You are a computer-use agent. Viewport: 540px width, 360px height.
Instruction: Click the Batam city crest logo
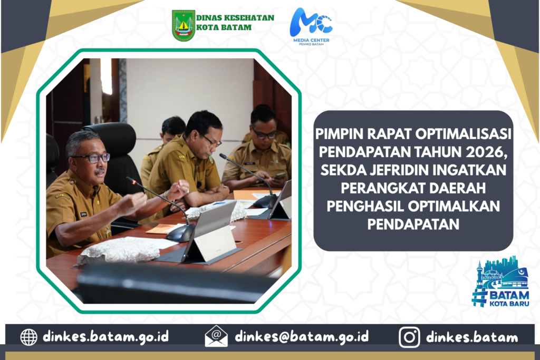184,26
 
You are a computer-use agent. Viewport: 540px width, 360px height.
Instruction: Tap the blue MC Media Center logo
311,27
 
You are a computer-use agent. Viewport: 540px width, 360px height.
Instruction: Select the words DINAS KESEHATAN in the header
235,18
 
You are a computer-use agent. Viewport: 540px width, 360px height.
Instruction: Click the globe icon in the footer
28,337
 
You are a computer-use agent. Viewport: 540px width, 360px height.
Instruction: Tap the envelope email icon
216,336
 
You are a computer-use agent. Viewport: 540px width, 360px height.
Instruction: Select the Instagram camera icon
409,337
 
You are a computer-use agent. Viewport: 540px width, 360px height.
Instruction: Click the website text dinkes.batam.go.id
105,336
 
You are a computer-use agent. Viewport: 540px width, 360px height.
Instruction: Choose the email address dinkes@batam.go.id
302,336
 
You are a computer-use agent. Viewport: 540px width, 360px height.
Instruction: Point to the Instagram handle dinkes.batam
472,337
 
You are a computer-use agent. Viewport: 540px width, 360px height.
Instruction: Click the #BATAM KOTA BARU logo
500,281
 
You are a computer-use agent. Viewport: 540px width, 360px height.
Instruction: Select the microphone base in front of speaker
180,233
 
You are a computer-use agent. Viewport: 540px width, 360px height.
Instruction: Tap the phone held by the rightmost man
279,176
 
